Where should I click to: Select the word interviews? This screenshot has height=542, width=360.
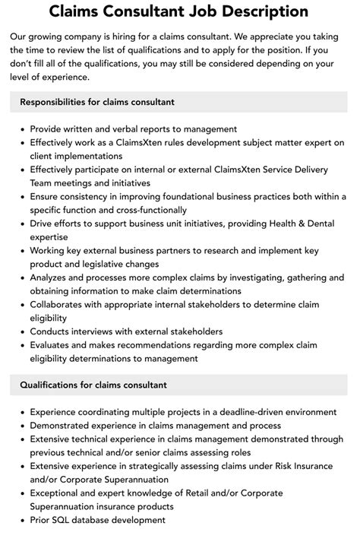(x=102, y=331)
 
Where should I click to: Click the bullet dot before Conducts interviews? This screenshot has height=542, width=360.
(x=22, y=332)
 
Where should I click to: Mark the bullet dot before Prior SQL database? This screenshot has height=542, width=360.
(x=22, y=521)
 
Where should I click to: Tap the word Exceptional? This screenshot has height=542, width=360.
(x=59, y=493)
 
